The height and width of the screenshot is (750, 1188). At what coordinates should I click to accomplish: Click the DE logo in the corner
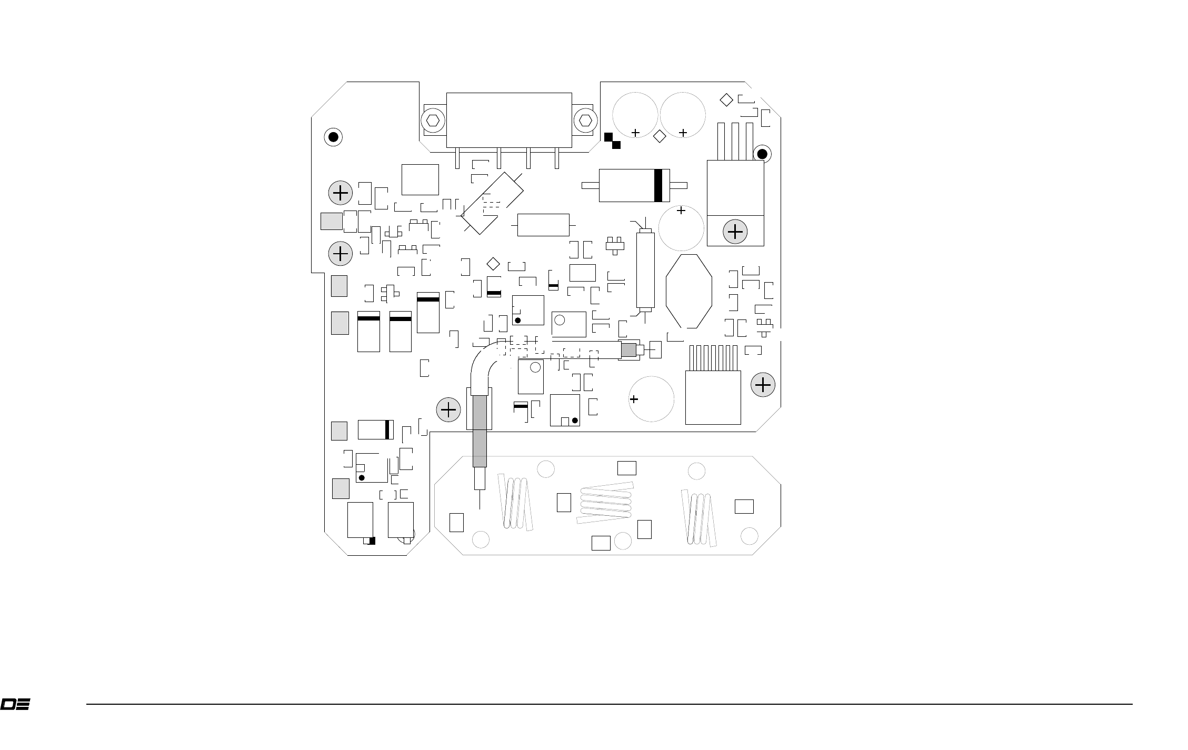pos(15,704)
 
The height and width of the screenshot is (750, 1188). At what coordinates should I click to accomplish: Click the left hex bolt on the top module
pos(433,121)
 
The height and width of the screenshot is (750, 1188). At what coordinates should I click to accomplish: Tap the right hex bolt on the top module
pos(584,121)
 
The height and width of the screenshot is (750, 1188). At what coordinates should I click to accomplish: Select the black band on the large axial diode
pos(657,185)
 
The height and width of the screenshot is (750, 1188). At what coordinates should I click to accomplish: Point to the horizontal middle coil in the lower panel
pos(605,503)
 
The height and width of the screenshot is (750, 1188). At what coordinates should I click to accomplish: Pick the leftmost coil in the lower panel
pos(515,502)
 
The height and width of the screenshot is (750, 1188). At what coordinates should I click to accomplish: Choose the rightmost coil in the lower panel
pos(700,518)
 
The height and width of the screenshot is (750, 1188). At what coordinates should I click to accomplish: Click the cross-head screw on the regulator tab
pos(735,232)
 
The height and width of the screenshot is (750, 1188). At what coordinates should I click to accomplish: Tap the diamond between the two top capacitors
pos(659,136)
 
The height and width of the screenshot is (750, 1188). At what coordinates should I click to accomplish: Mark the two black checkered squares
pos(612,141)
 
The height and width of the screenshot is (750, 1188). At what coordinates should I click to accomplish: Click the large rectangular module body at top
pos(509,121)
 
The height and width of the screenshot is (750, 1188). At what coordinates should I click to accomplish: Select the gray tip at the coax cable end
pos(628,349)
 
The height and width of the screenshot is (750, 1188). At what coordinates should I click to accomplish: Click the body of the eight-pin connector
pos(713,397)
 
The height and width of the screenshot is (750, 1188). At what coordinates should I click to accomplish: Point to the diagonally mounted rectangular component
pos(493,203)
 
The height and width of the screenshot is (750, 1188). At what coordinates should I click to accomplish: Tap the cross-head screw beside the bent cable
pos(448,409)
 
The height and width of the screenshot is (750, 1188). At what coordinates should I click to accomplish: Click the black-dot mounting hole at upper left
pos(333,137)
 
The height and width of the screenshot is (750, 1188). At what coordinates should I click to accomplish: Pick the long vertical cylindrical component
pos(645,269)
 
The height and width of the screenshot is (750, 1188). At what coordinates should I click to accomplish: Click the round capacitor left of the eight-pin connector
pos(652,399)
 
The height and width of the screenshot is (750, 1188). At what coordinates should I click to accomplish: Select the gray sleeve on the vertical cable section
pos(480,431)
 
